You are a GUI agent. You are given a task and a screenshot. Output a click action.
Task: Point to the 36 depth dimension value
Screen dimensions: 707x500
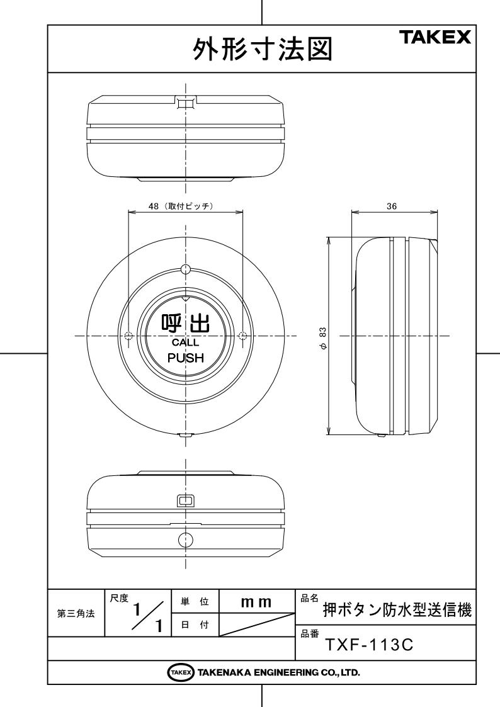click(x=392, y=206)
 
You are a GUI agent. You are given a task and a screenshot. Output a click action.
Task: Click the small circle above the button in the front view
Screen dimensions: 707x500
click(x=185, y=269)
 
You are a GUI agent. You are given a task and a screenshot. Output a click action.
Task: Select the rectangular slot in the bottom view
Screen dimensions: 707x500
click(x=185, y=501)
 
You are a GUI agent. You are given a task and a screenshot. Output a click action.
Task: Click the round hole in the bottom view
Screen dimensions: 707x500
click(x=185, y=539)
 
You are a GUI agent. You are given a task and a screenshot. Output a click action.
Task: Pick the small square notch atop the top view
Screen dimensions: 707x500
click(x=185, y=102)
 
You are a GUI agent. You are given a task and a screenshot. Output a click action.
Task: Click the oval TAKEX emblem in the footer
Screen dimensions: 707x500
click(x=174, y=672)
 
